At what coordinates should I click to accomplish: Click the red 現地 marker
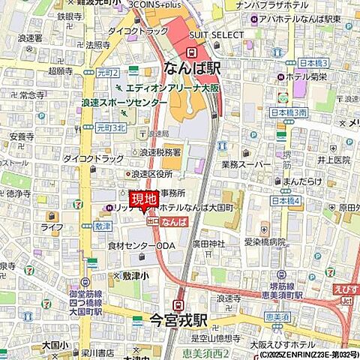[x=144, y=199]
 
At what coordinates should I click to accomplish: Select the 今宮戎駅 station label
[x=178, y=319]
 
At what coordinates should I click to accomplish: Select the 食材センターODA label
[x=135, y=245]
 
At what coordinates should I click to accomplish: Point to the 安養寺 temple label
[x=21, y=136]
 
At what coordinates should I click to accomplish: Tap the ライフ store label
[x=52, y=226]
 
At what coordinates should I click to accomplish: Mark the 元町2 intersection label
[x=107, y=73]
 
